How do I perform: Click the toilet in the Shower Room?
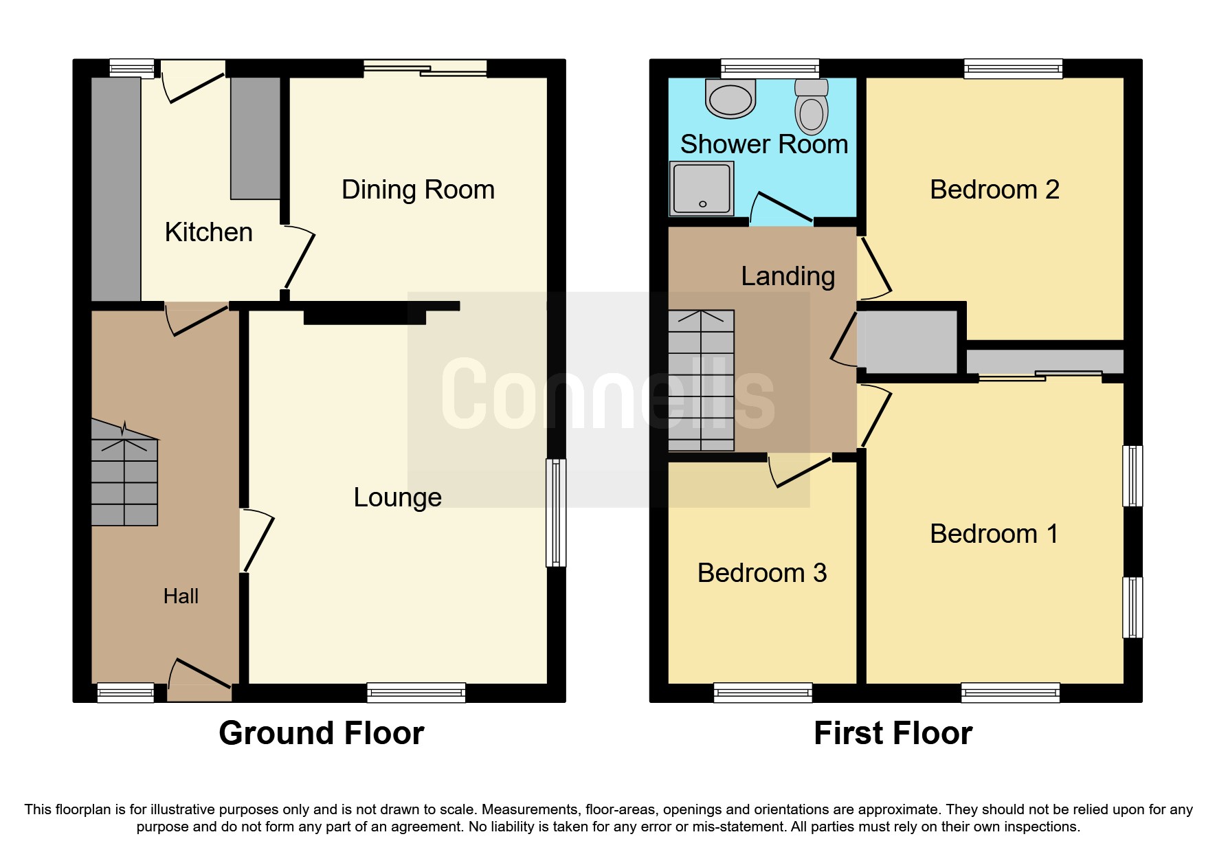(812, 109)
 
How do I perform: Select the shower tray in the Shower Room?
(702, 188)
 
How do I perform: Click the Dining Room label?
(418, 190)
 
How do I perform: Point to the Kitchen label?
(208, 232)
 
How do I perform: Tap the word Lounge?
(397, 497)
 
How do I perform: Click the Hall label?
(181, 596)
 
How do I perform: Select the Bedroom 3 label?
(761, 573)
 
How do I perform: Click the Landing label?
(788, 276)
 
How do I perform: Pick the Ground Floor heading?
(321, 733)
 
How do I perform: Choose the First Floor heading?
(893, 733)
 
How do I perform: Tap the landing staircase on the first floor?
(701, 381)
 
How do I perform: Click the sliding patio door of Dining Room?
(425, 68)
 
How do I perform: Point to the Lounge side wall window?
(556, 513)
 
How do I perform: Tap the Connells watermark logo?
(607, 395)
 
